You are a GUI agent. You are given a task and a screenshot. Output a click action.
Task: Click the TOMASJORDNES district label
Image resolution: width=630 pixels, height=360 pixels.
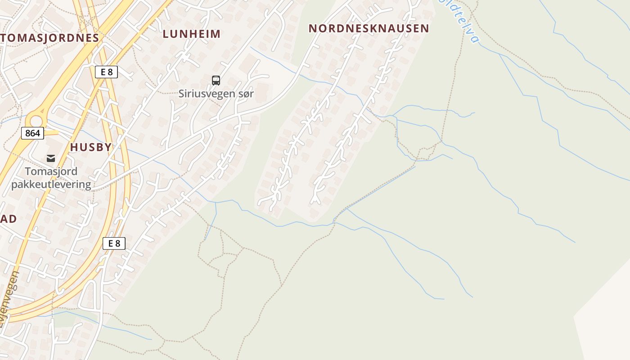pyautogui.click(x=49, y=38)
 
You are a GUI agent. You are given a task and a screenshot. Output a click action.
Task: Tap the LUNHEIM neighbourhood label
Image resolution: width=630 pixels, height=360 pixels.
pyautogui.click(x=192, y=34)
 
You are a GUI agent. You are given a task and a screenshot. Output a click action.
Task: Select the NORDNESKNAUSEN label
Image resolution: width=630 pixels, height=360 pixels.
pyautogui.click(x=369, y=28)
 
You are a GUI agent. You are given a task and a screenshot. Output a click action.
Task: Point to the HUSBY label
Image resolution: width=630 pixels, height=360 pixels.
pyautogui.click(x=91, y=147)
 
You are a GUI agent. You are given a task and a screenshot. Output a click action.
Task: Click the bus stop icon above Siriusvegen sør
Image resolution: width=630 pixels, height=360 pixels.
pyautogui.click(x=216, y=81)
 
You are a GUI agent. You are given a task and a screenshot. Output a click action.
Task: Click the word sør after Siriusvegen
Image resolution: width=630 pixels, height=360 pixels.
pyautogui.click(x=244, y=94)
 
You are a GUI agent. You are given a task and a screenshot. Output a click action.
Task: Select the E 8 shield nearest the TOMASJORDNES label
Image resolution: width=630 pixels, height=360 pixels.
pyautogui.click(x=106, y=72)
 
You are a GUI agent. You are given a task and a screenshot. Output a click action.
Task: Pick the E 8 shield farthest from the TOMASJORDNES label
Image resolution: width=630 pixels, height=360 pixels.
pyautogui.click(x=114, y=243)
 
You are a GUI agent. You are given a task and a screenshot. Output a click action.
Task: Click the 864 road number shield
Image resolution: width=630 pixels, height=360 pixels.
pyautogui.click(x=32, y=133)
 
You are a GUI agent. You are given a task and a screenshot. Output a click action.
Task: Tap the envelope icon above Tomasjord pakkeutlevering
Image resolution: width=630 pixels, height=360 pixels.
pyautogui.click(x=51, y=158)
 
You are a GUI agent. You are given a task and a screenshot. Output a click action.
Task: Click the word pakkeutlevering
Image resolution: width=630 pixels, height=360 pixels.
pyautogui.click(x=51, y=184)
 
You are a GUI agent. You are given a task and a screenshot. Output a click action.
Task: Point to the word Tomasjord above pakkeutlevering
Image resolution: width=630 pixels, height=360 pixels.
pyautogui.click(x=51, y=171)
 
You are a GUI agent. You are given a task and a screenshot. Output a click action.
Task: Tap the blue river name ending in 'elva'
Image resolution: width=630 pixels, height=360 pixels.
pyautogui.click(x=463, y=22)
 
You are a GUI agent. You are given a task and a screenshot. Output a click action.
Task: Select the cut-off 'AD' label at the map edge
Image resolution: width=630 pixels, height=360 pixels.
pyautogui.click(x=8, y=219)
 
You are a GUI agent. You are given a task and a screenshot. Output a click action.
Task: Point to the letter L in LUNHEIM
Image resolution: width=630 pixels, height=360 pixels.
pyautogui.click(x=166, y=34)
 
